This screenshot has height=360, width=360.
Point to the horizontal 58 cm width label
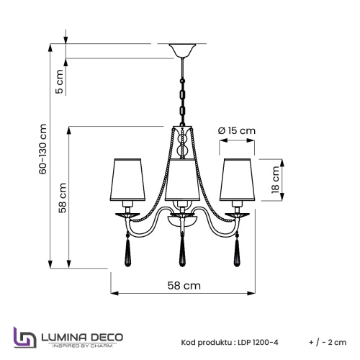point(183,285)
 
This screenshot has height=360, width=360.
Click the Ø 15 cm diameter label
point(237,130)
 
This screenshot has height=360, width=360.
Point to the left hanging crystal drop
point(127,250)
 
